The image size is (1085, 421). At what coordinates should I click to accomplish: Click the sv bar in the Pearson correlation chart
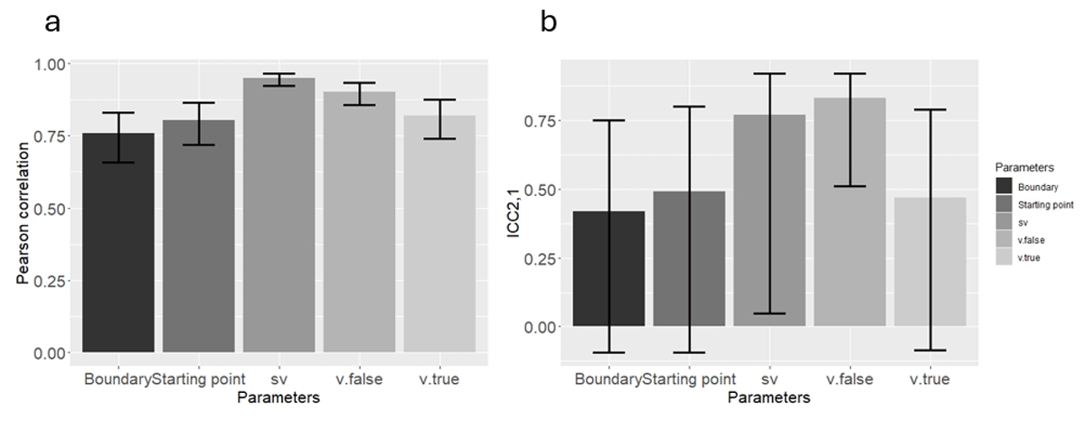coord(279,217)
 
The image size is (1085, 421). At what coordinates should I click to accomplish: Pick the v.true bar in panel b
coord(930,262)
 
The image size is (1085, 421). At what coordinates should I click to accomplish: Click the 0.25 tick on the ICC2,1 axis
coord(540,258)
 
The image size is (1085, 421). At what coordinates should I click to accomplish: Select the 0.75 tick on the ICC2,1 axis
coord(540,121)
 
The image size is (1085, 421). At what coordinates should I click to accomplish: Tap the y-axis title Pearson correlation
coord(25,208)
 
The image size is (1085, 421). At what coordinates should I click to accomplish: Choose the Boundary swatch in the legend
coord(1005,187)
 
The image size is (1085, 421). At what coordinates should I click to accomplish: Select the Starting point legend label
coord(1044,205)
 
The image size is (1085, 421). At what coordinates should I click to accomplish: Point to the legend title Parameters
coord(1020,167)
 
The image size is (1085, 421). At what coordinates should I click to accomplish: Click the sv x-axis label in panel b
coord(769,379)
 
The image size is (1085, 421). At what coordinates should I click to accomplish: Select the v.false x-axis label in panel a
coord(360,379)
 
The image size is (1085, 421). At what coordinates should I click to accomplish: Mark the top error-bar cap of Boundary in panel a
coord(118,113)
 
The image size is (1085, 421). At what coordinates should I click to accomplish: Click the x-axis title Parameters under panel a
coord(280,397)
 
